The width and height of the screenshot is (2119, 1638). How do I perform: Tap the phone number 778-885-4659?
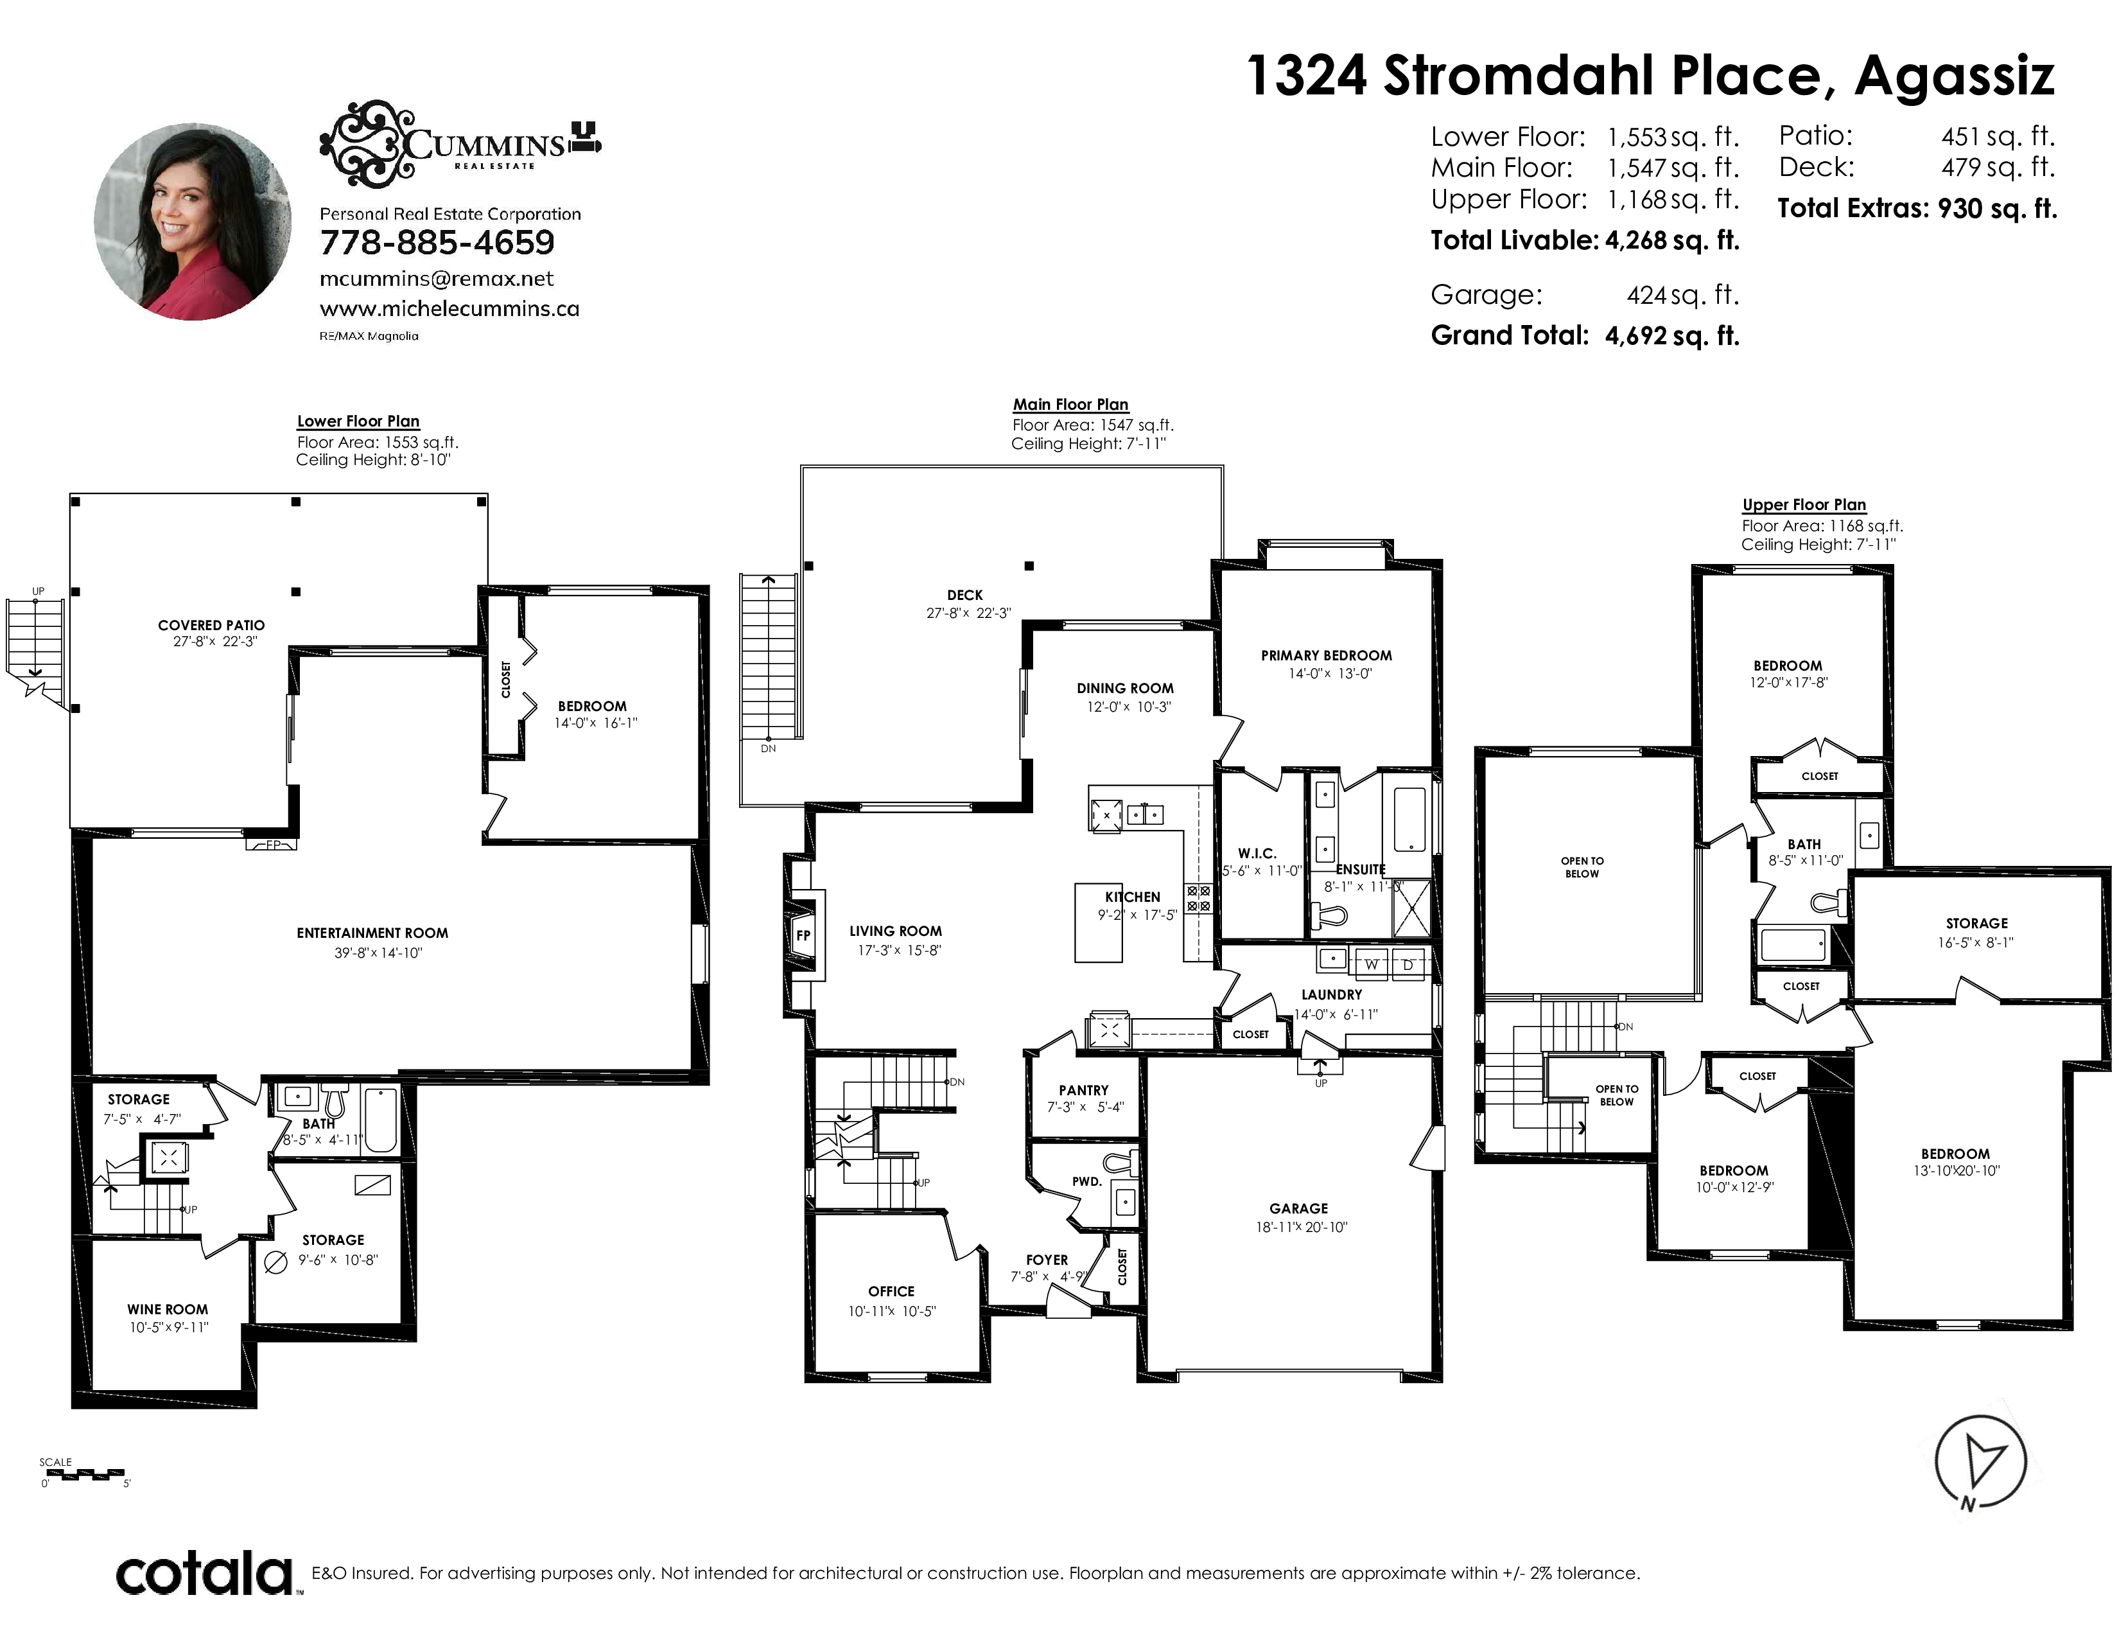tap(437, 243)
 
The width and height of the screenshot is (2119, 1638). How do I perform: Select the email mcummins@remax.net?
tap(437, 279)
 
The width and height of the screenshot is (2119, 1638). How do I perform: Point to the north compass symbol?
tap(1980, 1461)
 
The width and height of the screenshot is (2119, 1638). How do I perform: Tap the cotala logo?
tap(205, 1573)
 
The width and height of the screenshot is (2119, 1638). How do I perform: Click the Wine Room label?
tap(168, 1309)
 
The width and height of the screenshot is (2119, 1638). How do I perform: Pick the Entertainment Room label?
tap(372, 933)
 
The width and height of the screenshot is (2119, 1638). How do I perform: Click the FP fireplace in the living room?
tap(803, 935)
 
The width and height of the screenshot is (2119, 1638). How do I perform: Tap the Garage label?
tap(1298, 1208)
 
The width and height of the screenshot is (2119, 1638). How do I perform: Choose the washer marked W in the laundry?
tap(1371, 964)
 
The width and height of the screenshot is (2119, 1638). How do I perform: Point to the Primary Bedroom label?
tap(1327, 655)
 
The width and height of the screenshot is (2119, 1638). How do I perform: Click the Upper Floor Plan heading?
tap(1804, 505)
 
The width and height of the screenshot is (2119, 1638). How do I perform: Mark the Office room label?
tap(891, 1290)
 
